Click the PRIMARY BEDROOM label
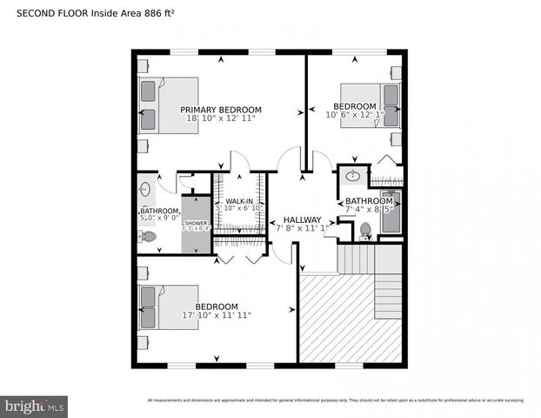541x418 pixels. pyautogui.click(x=220, y=110)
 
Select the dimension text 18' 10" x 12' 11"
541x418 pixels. pyautogui.click(x=220, y=118)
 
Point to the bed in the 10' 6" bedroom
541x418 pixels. pyautogui.click(x=370, y=104)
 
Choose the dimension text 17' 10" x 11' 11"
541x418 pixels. pyautogui.click(x=216, y=315)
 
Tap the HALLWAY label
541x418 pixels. pyautogui.click(x=302, y=219)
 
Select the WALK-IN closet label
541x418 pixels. pyautogui.click(x=239, y=201)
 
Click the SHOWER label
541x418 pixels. pyautogui.click(x=197, y=223)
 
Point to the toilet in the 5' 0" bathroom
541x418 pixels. pyautogui.click(x=149, y=236)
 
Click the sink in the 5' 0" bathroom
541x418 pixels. pyautogui.click(x=145, y=187)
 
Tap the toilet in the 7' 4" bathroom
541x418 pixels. pyautogui.click(x=365, y=230)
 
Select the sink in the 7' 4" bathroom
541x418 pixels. pyautogui.click(x=353, y=178)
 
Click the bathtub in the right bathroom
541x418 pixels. pyautogui.click(x=391, y=212)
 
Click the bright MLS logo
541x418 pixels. pyautogui.click(x=35, y=406)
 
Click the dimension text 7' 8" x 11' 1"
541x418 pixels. pyautogui.click(x=302, y=228)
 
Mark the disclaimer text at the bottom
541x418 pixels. pyautogui.click(x=336, y=401)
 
